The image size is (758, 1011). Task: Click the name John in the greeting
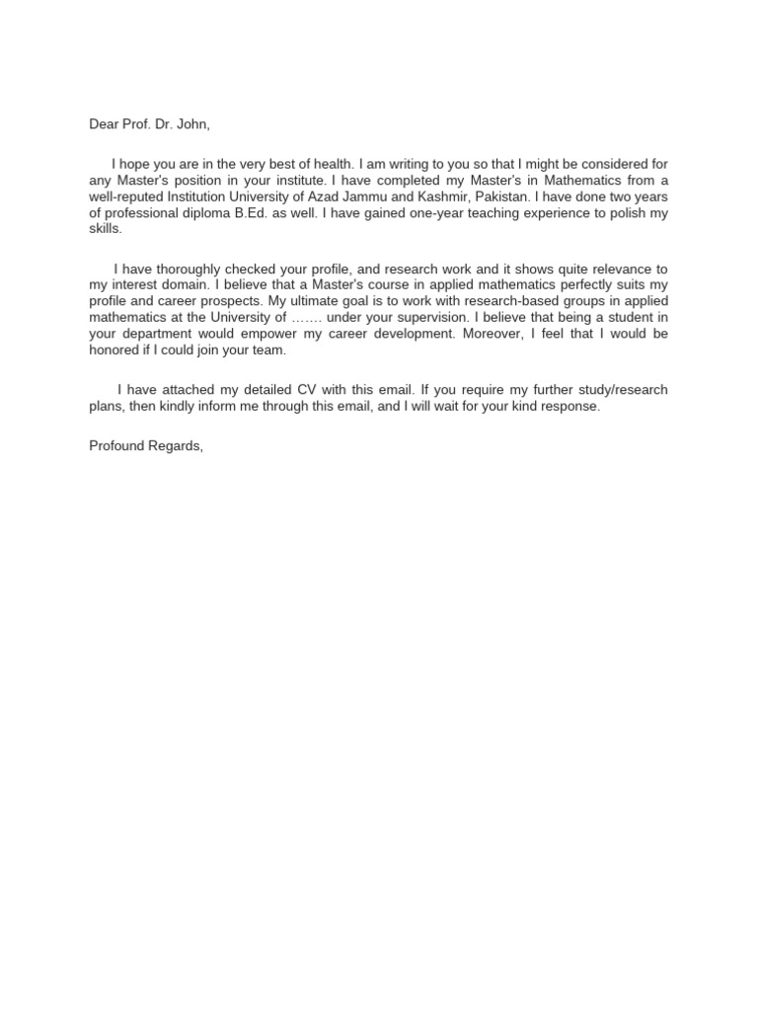pyautogui.click(x=191, y=124)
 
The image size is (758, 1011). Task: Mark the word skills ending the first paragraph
pyautogui.click(x=104, y=228)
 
